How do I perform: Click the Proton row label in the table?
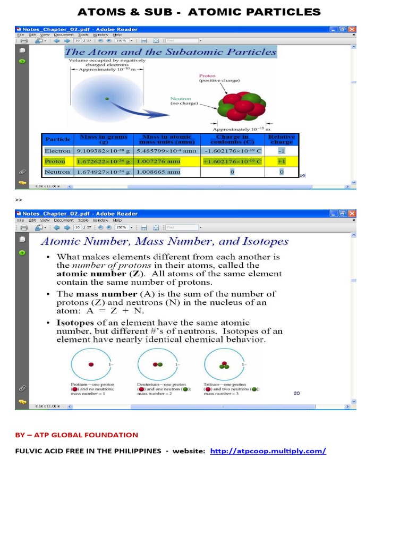point(55,161)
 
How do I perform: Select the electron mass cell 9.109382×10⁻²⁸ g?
point(103,151)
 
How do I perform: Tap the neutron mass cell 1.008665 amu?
point(158,172)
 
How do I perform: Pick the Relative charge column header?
point(281,139)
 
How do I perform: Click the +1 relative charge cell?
point(281,161)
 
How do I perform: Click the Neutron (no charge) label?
point(183,101)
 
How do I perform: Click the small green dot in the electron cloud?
point(107,98)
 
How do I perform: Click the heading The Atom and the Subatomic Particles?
point(170,52)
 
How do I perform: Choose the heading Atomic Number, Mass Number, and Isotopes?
point(165,242)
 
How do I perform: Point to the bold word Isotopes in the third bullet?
point(75,322)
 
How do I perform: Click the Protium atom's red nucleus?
point(91,364)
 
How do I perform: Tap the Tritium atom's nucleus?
point(224,365)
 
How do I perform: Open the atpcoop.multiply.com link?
point(268,451)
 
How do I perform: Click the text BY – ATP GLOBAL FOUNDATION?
point(76,435)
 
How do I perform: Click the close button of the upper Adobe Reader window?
point(352,29)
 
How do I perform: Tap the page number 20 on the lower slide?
point(296,393)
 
